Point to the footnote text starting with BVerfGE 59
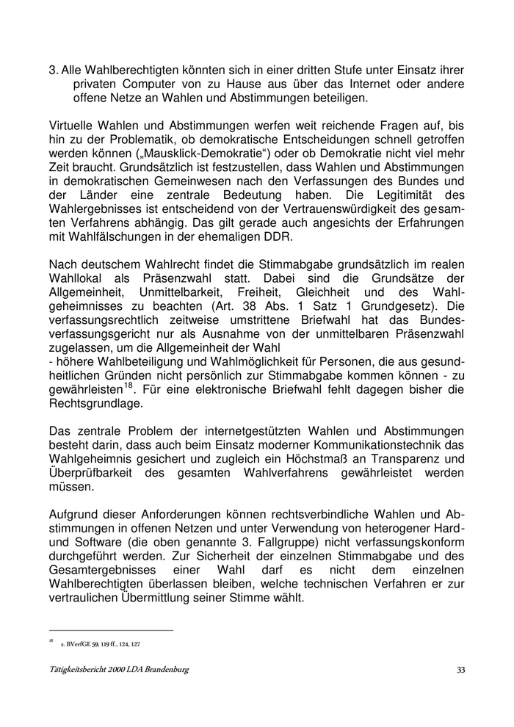point(101,644)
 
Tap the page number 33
point(460,670)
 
